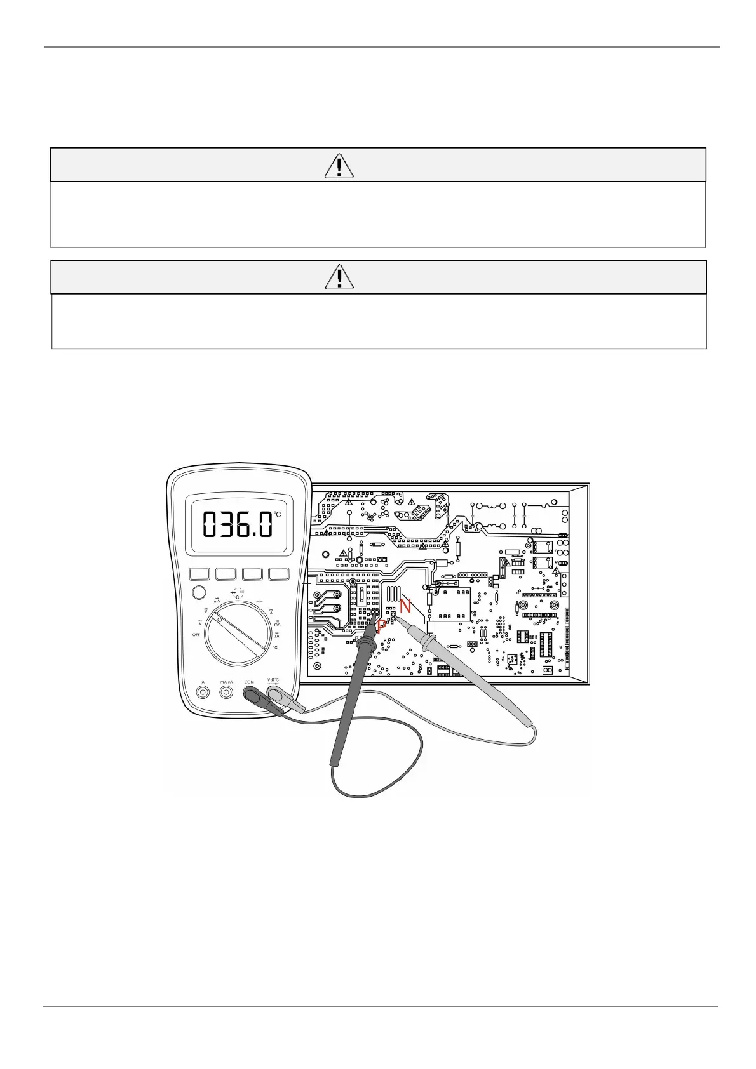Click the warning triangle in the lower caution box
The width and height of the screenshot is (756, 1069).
click(339, 277)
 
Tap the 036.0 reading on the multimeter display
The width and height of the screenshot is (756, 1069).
click(238, 525)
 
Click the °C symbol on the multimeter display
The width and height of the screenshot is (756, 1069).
click(278, 515)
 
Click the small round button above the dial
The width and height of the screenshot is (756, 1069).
click(198, 592)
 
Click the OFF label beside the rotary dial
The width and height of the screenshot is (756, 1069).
click(196, 635)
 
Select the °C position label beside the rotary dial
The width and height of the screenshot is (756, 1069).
click(275, 647)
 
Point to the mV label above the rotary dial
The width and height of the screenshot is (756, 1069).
click(217, 600)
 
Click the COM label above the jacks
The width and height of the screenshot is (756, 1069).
click(249, 682)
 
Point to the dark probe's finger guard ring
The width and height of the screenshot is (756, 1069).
click(365, 646)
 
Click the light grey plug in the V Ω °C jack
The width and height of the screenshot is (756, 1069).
click(276, 694)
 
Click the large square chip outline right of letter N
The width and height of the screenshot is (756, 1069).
click(451, 606)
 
